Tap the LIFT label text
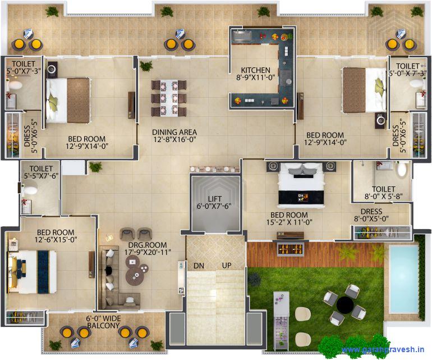point(214,198)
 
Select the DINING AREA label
point(174,133)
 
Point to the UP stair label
point(227,265)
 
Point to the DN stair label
point(199,265)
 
